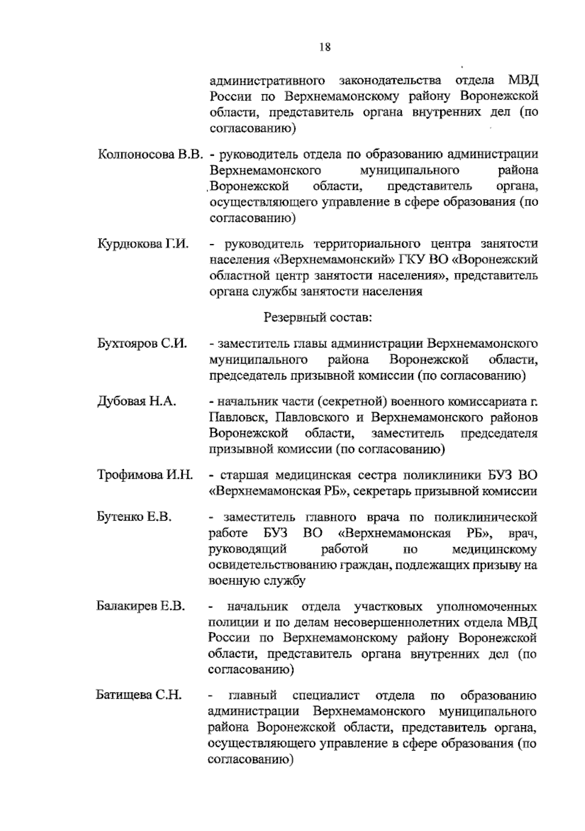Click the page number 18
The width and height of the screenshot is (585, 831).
(325, 47)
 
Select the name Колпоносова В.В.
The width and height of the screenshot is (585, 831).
(150, 155)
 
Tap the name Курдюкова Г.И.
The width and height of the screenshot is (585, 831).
(143, 243)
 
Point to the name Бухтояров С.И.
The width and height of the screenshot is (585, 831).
(142, 344)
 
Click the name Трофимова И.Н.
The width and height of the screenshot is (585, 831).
(145, 475)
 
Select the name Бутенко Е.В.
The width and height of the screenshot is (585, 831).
(134, 517)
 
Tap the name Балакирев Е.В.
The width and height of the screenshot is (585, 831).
(140, 607)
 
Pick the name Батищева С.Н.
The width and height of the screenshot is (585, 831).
(138, 695)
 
